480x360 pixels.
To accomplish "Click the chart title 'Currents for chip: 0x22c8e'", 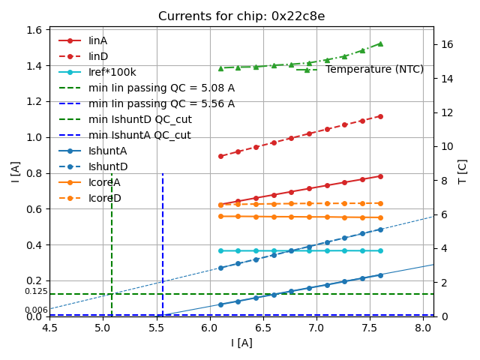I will pos(241,16).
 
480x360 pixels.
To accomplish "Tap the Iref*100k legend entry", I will pos(112,72).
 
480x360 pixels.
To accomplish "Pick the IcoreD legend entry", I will pos(104,198).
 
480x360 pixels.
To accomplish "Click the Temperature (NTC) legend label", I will pos(374,70).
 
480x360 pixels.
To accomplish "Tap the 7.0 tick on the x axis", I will pos(316,327).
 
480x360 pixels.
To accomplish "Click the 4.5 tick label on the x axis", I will pos(49,327).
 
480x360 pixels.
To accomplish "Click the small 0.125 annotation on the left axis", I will pos(36,291).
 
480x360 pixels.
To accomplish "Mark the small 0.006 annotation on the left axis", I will pos(36,310).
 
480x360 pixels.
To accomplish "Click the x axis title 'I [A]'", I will pos(241,343).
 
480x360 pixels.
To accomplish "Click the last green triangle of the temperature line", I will pos(380,43).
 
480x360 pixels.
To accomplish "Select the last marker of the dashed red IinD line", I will pos(380,116).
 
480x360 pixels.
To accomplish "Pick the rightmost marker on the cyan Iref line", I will pos(380,250).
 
